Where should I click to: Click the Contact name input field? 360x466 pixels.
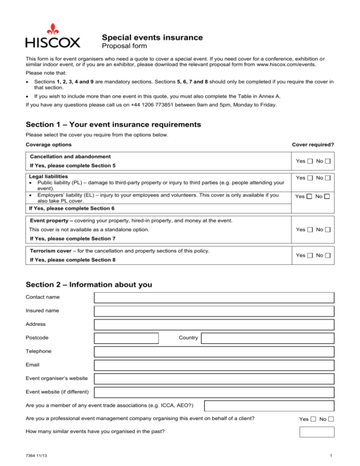pos(214,297)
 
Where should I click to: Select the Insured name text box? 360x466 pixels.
pos(214,311)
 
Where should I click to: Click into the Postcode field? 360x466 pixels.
pos(126,338)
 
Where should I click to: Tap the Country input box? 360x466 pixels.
pos(268,338)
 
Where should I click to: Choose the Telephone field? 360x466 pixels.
pos(214,352)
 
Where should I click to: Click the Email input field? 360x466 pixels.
pos(214,365)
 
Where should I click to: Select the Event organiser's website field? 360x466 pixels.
pos(214,379)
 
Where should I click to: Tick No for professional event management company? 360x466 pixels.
pos(331,419)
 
